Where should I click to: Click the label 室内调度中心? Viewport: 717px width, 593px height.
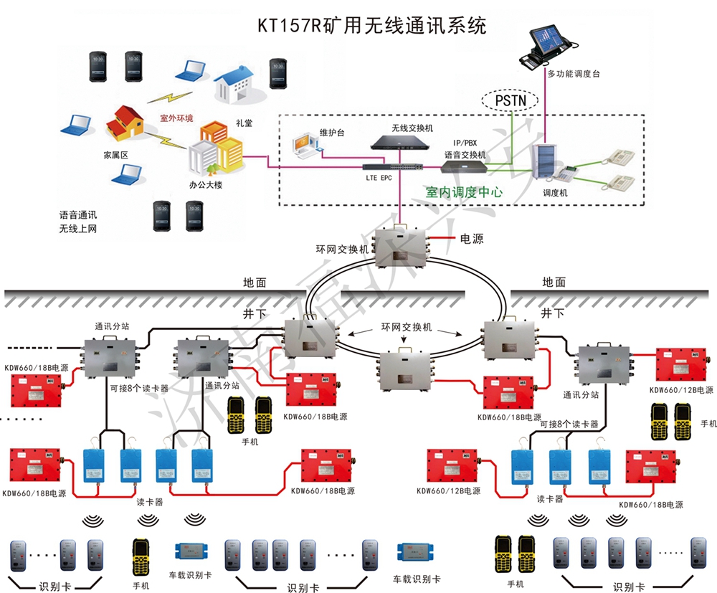464,192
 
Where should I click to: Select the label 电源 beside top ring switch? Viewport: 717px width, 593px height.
471,238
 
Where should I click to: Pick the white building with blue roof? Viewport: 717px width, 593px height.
234,82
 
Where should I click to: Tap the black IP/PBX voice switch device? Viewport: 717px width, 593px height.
465,168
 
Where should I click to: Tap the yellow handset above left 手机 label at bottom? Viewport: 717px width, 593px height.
140,556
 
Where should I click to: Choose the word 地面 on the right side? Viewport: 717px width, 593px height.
554,282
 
